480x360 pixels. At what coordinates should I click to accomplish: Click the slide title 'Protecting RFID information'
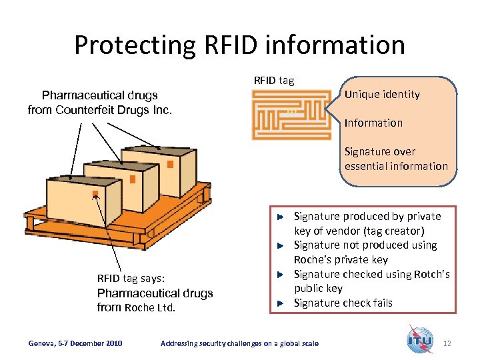coord(239,45)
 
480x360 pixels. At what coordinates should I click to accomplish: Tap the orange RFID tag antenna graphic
coord(291,115)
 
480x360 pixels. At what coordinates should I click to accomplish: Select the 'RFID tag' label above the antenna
coord(273,81)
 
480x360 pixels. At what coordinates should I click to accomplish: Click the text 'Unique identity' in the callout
coord(382,95)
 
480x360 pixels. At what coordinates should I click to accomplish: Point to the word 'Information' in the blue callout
coord(373,123)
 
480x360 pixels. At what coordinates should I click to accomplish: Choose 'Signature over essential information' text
coord(396,159)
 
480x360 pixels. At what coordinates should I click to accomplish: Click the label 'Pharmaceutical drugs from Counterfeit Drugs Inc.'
coord(100,102)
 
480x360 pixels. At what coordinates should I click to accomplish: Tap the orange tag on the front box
coord(95,195)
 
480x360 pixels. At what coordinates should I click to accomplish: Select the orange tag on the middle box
coord(133,179)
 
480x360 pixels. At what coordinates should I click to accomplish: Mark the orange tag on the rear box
coord(170,164)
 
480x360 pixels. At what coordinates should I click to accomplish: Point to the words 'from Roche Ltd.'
coord(136,307)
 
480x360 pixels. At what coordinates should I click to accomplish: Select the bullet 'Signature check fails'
coord(343,303)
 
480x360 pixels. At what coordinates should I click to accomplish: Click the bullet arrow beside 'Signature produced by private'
coord(281,217)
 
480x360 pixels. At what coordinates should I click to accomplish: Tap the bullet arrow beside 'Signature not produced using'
coord(281,245)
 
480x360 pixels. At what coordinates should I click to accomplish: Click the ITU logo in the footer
coord(420,339)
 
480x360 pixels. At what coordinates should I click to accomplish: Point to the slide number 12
coord(447,343)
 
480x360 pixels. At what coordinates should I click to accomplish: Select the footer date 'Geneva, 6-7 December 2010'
coord(75,343)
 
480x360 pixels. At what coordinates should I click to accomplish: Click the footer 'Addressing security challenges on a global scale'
coord(239,343)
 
